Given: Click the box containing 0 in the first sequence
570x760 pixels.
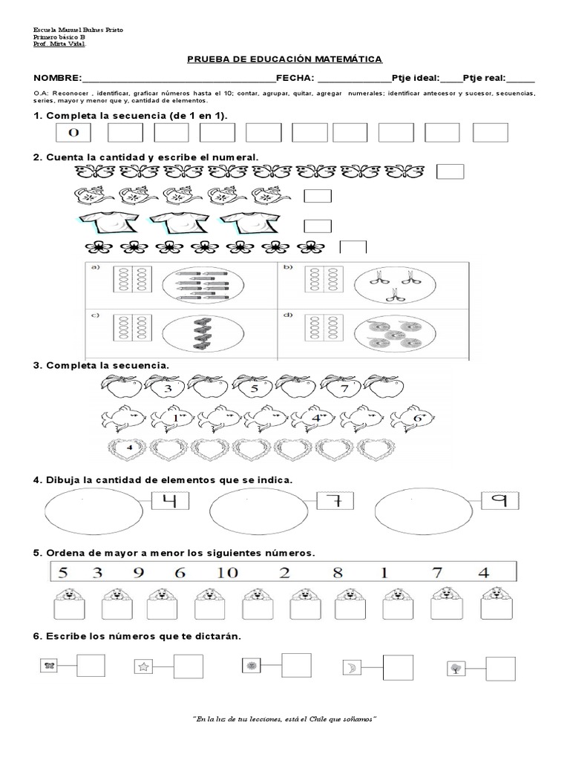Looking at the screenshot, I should pyautogui.click(x=73, y=133).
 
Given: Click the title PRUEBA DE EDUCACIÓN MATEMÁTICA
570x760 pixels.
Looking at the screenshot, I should pyautogui.click(x=284, y=59).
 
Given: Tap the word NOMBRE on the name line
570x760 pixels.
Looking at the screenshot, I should pyautogui.click(x=56, y=79).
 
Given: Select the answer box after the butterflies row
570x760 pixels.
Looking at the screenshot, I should pyautogui.click(x=450, y=172).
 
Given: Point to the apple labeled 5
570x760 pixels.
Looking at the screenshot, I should pyautogui.click(x=252, y=387).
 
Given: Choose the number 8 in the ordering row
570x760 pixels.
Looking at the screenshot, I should pyautogui.click(x=337, y=572).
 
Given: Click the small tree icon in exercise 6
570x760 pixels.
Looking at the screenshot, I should pyautogui.click(x=454, y=668).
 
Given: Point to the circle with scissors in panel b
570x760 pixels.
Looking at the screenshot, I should pyautogui.click(x=386, y=283).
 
